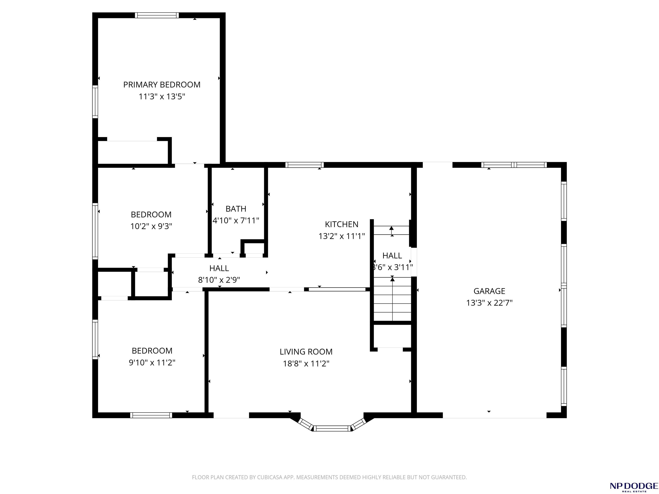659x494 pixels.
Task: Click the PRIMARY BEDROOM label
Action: pos(162,84)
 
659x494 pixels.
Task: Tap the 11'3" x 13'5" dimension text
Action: pos(162,96)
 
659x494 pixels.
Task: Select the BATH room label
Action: pos(236,209)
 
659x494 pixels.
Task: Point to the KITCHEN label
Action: pos(342,224)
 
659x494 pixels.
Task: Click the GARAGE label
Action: pos(489,291)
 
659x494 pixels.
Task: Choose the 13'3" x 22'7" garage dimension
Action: pos(489,303)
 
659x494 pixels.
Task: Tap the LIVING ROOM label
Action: pos(306,352)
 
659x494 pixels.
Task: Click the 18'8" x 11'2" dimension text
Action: pos(306,364)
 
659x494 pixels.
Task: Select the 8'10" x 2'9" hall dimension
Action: pos(219,280)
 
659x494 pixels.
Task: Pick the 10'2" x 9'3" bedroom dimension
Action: pos(151,226)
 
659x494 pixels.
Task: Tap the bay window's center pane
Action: pos(332,428)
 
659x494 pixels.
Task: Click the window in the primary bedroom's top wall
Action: pos(157,15)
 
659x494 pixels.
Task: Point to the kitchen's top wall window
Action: pos(304,165)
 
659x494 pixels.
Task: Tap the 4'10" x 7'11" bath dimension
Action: pos(236,221)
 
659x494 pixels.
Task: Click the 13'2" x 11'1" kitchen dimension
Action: pos(342,236)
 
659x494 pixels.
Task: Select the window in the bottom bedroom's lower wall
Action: pos(151,415)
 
